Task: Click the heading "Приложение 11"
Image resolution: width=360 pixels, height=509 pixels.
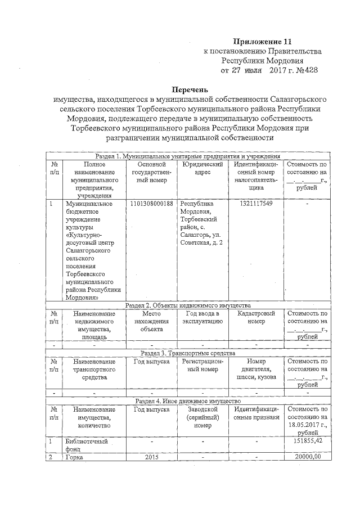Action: tap(263, 42)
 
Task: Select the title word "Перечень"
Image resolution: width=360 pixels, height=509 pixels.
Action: tap(190, 89)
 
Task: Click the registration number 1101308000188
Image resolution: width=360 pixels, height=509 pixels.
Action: tap(151, 203)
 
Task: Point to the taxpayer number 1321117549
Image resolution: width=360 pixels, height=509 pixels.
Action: tap(256, 203)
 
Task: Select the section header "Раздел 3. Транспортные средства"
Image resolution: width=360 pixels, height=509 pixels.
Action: tap(188, 353)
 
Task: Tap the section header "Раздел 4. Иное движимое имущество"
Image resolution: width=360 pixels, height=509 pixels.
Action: tap(188, 401)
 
